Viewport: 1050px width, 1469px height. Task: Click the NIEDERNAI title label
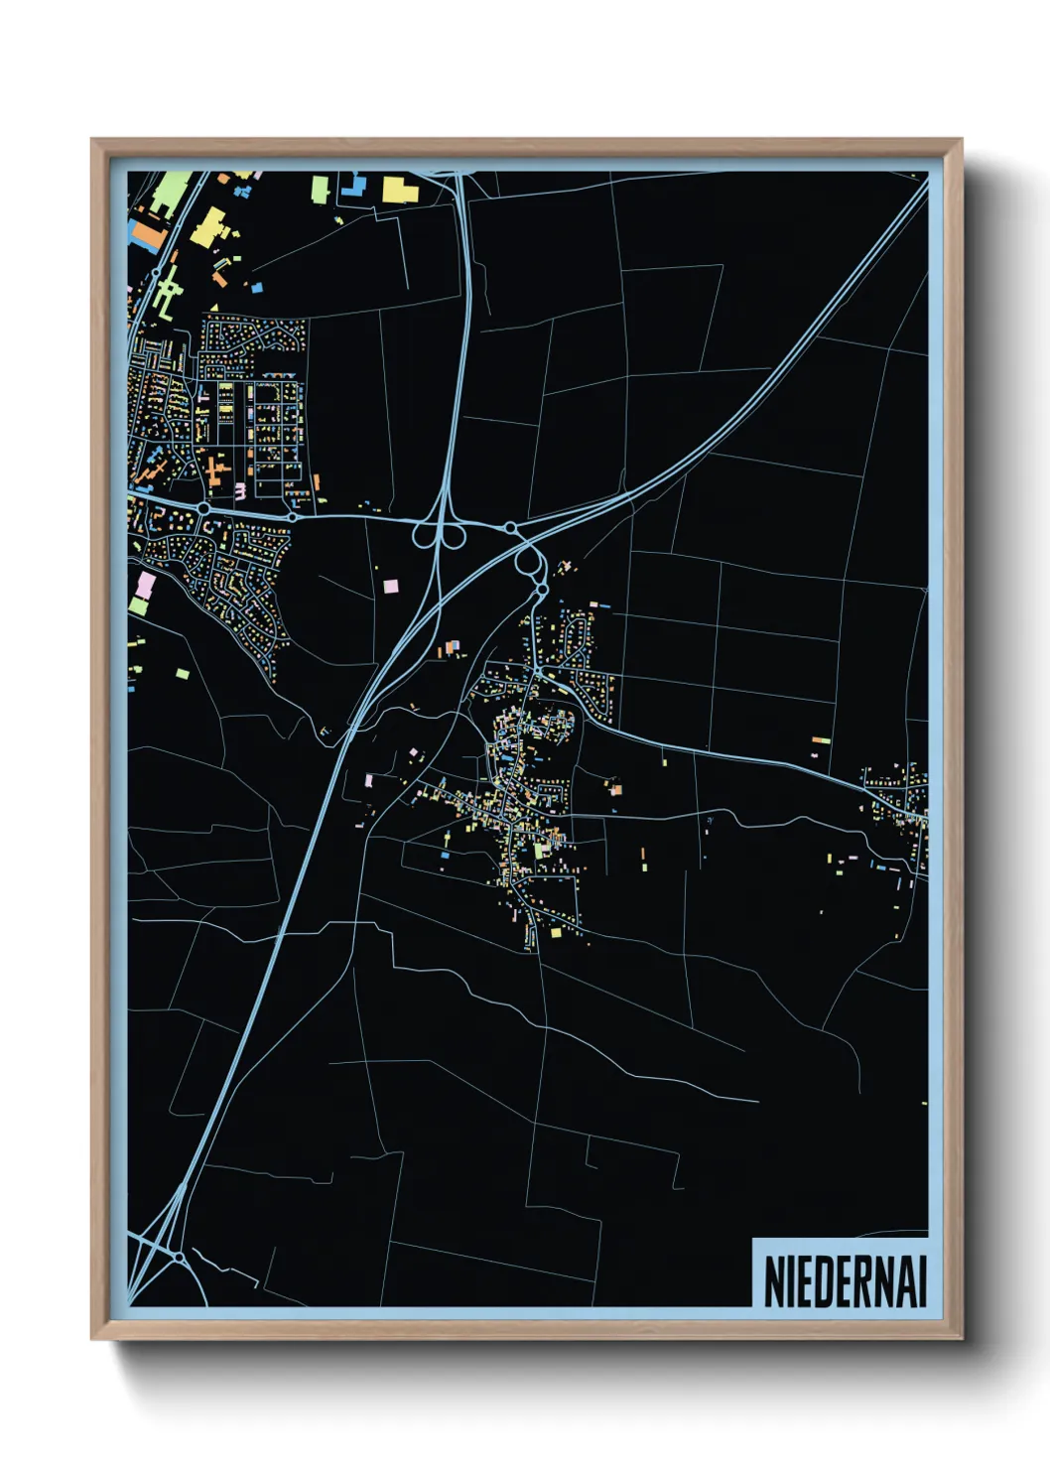(845, 1281)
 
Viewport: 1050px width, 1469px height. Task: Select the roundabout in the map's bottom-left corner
(178, 1257)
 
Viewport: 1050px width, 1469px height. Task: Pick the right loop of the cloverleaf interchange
(454, 536)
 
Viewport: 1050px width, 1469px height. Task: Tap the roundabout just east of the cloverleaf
(509, 528)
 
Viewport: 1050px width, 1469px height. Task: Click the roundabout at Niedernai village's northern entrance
(542, 590)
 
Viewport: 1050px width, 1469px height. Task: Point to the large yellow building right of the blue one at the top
(399, 189)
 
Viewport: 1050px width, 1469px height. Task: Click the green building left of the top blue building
(320, 188)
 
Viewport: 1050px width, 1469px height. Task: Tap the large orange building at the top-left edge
(147, 234)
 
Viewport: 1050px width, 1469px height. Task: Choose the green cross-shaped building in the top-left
(168, 291)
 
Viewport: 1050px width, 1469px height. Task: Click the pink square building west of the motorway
(390, 586)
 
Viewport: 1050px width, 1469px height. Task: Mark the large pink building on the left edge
(145, 586)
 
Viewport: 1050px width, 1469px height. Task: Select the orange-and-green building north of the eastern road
(821, 740)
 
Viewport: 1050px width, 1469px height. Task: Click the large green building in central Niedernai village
(540, 850)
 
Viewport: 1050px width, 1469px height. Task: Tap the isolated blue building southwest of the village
(444, 854)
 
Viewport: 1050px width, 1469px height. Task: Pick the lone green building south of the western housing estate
(183, 675)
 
